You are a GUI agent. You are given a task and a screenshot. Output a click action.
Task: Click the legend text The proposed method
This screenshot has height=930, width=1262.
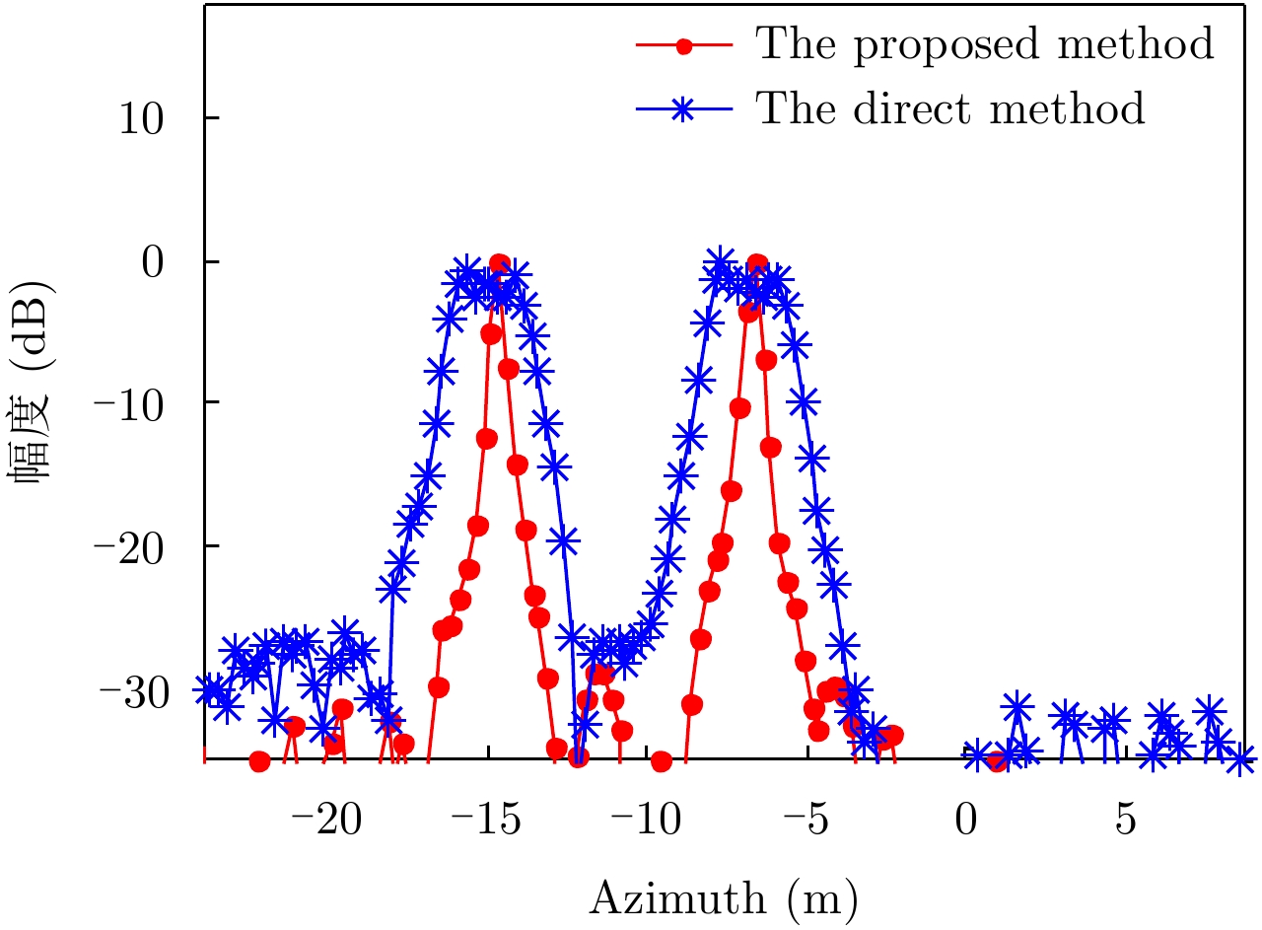pos(983,44)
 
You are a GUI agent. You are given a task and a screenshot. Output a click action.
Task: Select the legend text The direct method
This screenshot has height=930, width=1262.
pos(950,107)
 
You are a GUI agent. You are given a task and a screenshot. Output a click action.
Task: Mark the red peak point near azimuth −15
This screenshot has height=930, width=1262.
pos(499,263)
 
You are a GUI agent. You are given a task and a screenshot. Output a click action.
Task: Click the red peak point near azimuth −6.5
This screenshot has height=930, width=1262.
pos(757,264)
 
